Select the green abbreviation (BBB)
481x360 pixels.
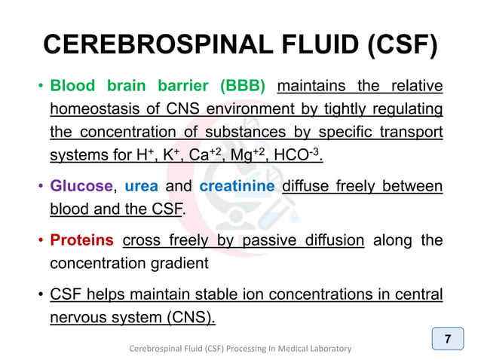click(240, 85)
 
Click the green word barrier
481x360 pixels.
click(182, 85)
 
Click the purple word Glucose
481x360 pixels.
click(81, 185)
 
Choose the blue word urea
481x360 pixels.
click(141, 185)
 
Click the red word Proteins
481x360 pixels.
click(81, 240)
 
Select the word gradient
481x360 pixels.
click(200, 264)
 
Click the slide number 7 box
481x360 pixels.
click(448, 339)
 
